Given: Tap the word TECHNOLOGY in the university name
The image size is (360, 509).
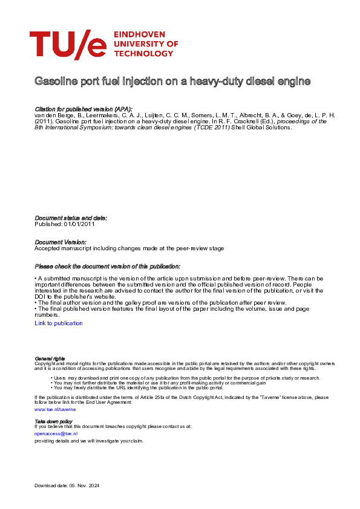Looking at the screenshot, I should pos(142,54).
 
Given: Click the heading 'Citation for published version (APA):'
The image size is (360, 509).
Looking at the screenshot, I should pos(83,109).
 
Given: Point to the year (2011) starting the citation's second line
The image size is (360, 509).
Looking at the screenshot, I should pos(44,122).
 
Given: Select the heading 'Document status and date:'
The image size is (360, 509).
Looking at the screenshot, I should pos(71,218).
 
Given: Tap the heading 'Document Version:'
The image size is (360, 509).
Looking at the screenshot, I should pos(61,242).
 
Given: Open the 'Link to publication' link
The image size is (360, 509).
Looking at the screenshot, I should pos(59,323).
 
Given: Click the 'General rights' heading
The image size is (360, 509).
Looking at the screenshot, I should pos(50,358).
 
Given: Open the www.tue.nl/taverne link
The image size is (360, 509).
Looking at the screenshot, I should pos(55,409).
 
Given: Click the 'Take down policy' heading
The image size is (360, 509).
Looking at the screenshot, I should pos(53,421).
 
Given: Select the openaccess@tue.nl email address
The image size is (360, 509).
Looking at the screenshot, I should pos(56,433).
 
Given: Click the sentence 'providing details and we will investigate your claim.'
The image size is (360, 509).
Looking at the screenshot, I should pos(89,441).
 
